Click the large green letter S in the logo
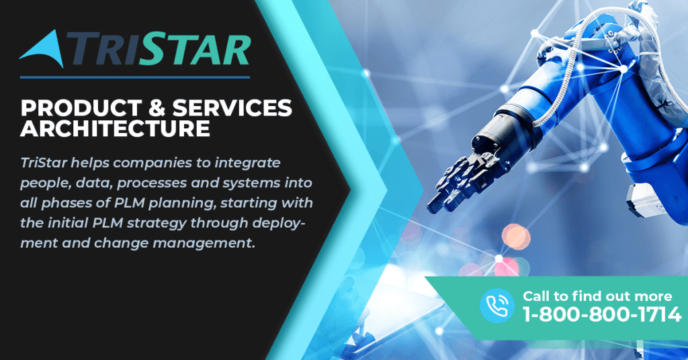click(153, 48)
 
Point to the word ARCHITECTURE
click(116, 128)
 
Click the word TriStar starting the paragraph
click(44, 163)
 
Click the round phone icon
click(497, 306)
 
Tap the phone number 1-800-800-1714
click(602, 314)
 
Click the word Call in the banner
click(535, 296)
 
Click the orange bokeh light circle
click(516, 237)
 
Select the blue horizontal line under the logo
click(134, 77)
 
